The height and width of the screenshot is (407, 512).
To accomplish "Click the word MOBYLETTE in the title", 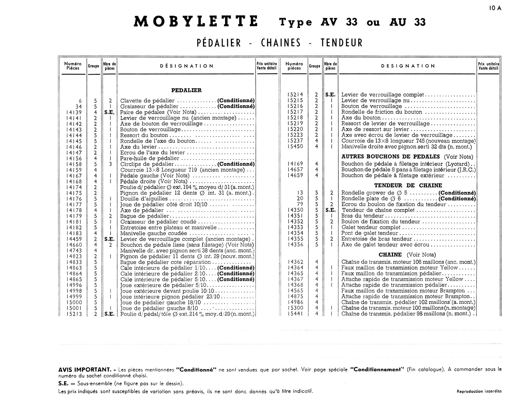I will click(x=196, y=22).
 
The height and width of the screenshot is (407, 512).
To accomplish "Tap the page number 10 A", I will click(x=495, y=9).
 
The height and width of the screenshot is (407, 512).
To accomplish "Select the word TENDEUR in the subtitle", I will click(x=341, y=43).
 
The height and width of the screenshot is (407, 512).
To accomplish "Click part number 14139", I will click(x=74, y=112).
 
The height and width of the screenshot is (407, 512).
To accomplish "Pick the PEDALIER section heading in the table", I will click(x=186, y=90).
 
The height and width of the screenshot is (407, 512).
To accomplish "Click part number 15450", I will click(x=295, y=147).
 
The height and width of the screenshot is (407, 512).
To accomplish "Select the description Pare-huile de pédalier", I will click(x=150, y=158).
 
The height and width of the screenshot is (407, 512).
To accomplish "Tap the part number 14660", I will click(x=74, y=245).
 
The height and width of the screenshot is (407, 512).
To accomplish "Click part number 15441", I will click(x=295, y=314).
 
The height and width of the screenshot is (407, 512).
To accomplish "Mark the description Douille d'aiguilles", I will click(x=144, y=199).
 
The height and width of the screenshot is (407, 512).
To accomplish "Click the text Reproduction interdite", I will click(x=479, y=391).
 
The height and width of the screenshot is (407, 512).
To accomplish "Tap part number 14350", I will click(x=295, y=210).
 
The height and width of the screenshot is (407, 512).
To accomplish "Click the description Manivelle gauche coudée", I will click(x=154, y=233).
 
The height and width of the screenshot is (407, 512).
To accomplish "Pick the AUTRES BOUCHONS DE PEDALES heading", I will click(x=390, y=157).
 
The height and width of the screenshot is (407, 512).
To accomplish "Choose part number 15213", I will click(x=74, y=314).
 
